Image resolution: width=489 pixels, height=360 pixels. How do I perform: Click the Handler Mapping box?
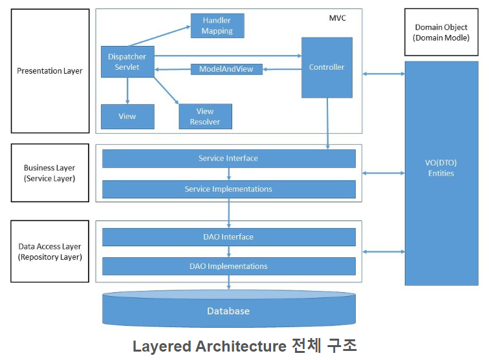pos(217,26)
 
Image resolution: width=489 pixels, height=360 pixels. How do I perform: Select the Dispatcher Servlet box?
pos(127,61)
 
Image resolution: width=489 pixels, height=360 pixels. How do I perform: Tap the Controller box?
pos(327,67)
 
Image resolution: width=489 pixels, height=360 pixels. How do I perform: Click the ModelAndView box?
pos(226,69)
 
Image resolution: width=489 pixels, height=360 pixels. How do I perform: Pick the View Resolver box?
pos(205,116)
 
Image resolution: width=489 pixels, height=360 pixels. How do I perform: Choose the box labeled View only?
pos(127,116)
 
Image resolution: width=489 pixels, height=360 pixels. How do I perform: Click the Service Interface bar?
pos(228,158)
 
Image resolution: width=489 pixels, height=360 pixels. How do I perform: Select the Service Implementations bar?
pos(228,189)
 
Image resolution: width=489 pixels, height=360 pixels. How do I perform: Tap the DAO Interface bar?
pos(228,237)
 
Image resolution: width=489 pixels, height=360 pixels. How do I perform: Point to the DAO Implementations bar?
pos(228,266)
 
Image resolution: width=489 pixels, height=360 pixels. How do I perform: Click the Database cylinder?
pos(228,311)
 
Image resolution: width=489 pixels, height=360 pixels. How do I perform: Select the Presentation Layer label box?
pos(50,70)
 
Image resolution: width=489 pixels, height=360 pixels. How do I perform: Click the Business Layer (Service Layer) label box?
pos(50,173)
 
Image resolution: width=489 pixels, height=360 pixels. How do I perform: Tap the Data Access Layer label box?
pos(50,251)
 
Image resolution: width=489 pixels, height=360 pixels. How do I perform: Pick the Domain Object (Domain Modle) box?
pos(441,33)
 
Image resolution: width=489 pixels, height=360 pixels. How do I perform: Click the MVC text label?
pos(337,17)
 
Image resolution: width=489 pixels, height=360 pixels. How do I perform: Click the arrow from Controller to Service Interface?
pos(328,123)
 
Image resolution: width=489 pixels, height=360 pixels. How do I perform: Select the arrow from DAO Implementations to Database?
pos(228,282)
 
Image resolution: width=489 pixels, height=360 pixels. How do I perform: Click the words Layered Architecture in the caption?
pos(209,346)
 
